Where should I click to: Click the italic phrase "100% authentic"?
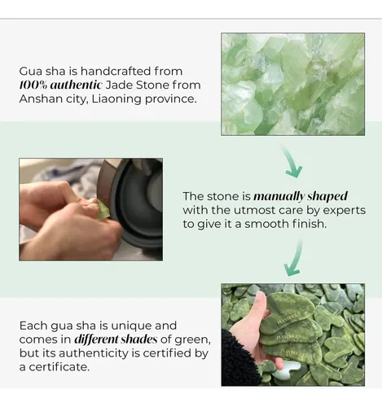pos(60,85)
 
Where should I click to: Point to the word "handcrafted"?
pos(116,71)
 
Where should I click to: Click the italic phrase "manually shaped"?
pos(301,196)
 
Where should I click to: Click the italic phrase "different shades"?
pos(116,339)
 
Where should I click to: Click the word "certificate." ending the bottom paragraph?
pos(59,367)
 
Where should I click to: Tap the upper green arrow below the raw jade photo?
pos(292,161)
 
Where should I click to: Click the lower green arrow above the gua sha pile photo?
pos(294,258)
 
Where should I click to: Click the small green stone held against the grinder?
pos(103,210)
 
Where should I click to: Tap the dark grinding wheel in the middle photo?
pos(138,202)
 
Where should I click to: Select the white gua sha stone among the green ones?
pos(286,370)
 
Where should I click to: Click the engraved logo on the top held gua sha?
pos(289,318)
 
